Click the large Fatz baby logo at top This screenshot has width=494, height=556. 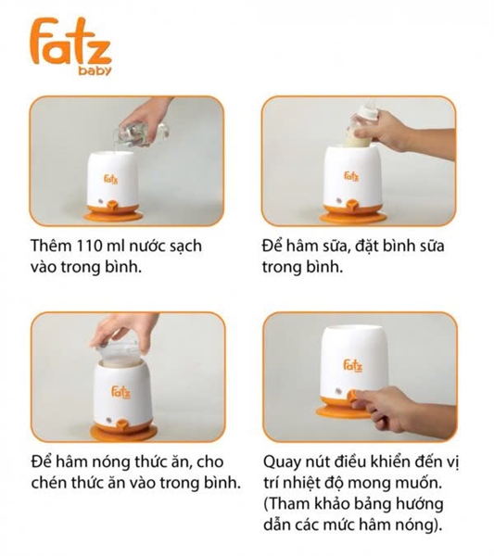[x=70, y=46]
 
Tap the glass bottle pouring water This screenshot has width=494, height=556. [x=144, y=133]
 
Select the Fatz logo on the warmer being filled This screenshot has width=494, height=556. [x=110, y=179]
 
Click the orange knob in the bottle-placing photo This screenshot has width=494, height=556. [x=352, y=206]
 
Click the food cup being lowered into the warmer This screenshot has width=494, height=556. [x=119, y=354]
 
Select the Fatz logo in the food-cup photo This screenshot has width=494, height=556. [x=120, y=392]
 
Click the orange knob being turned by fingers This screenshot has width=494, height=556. [x=353, y=396]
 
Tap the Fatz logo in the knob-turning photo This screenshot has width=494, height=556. [x=353, y=366]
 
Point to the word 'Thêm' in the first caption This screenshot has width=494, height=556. [x=52, y=246]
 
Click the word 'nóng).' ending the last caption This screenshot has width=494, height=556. [x=420, y=525]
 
